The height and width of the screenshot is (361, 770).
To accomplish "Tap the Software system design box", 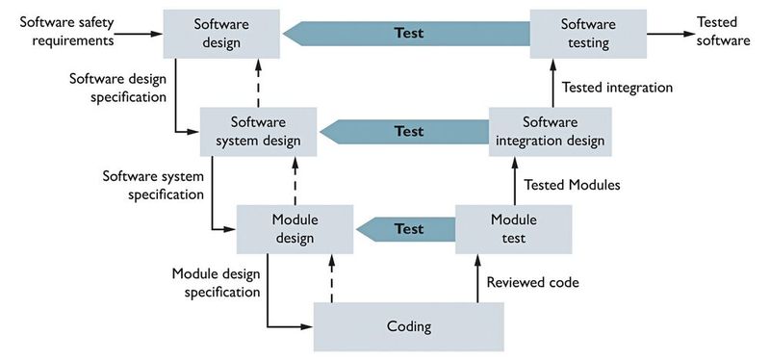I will (x=259, y=131).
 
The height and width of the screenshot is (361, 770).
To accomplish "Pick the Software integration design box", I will (x=550, y=131).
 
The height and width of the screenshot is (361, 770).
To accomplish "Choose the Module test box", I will (x=513, y=229).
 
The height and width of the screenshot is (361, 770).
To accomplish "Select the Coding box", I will (x=409, y=326).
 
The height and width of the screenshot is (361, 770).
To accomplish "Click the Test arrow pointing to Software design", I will (x=409, y=33).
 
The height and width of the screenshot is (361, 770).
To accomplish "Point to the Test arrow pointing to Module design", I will (x=409, y=229).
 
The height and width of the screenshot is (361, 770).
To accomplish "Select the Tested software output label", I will (x=724, y=32).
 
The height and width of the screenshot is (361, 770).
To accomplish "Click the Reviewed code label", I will (x=532, y=282).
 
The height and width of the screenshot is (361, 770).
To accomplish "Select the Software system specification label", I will (x=153, y=184).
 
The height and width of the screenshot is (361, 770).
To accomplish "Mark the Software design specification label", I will (x=116, y=87).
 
